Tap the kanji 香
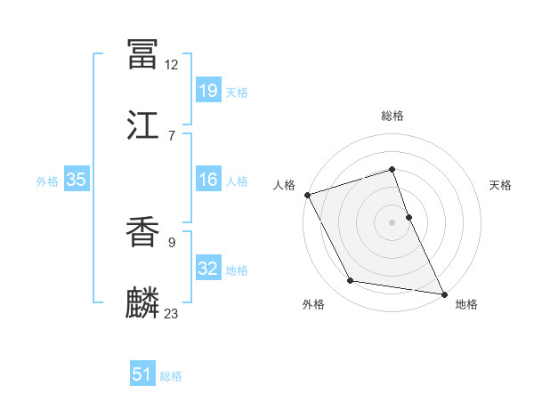pyautogui.click(x=143, y=232)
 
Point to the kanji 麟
pyautogui.click(x=143, y=303)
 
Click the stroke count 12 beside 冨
pyautogui.click(x=172, y=64)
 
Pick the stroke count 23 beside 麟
pyautogui.click(x=172, y=313)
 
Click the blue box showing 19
pyautogui.click(x=207, y=91)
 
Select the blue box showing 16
pyautogui.click(x=207, y=180)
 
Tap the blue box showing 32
pyautogui.click(x=207, y=269)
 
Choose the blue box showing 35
pyautogui.click(x=76, y=180)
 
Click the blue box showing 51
pyautogui.click(x=142, y=374)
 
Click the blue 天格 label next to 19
pyautogui.click(x=236, y=92)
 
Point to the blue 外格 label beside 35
pyautogui.click(x=47, y=181)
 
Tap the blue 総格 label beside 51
pyautogui.click(x=171, y=376)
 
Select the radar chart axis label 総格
pyautogui.click(x=392, y=116)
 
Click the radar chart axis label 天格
pyautogui.click(x=500, y=185)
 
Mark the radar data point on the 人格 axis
pyautogui.click(x=307, y=195)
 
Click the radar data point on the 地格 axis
pyautogui.click(x=444, y=293)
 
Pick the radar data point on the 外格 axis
pyautogui.click(x=351, y=281)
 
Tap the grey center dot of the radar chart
pyautogui.click(x=392, y=222)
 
